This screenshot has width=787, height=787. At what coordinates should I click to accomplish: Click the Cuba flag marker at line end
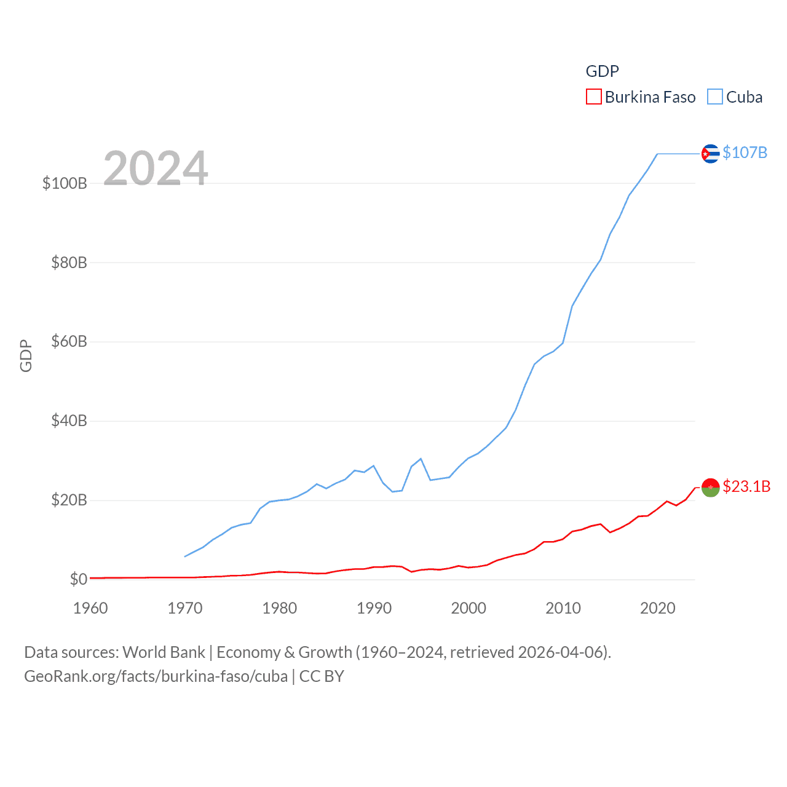coord(710,153)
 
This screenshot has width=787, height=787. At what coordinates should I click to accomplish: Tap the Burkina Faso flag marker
coord(710,487)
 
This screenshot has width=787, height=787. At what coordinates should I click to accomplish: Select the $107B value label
coord(745,152)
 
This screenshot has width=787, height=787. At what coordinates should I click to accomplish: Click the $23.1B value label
coord(746,486)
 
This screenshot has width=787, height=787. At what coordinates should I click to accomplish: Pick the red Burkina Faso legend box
coord(593,97)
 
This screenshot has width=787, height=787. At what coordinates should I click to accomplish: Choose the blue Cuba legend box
coord(714,97)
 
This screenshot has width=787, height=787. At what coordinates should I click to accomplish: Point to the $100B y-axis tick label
coord(65,183)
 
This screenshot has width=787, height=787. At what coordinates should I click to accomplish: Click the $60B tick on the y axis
coord(69,341)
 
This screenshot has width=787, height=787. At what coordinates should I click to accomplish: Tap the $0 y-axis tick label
coord(78,579)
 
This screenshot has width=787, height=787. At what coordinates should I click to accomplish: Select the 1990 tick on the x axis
coord(374,608)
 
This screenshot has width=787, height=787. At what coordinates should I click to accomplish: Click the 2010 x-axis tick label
coord(563,608)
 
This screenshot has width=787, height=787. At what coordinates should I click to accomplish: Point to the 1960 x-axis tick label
coord(90,608)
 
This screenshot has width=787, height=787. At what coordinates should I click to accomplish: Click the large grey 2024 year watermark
coord(156,168)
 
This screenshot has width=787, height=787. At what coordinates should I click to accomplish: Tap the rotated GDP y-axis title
coord(26,355)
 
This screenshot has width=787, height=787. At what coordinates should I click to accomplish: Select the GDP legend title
coord(602,71)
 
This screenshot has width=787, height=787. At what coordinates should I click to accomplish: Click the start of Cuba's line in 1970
coord(185,556)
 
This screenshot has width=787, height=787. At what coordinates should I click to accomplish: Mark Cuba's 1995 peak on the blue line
coord(421,459)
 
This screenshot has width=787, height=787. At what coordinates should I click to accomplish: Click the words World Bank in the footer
coord(164,652)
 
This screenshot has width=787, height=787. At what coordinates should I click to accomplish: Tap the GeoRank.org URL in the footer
coord(156,676)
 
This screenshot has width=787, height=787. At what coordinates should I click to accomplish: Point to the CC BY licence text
coord(322,676)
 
